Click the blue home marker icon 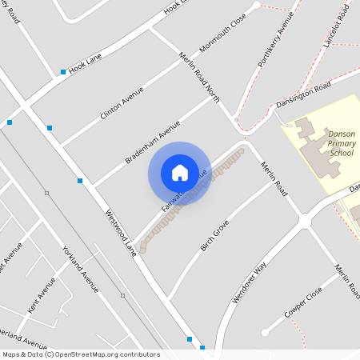pyautogui.click(x=180, y=172)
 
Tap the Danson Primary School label pyautogui.click(x=341, y=143)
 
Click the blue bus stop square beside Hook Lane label pyautogui.click(x=63, y=73)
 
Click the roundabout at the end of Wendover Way pyautogui.click(x=305, y=222)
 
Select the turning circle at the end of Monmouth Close pyautogui.click(x=256, y=6)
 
